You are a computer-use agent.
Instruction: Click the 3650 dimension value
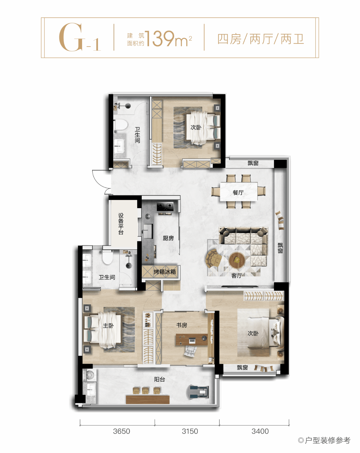point(121,431)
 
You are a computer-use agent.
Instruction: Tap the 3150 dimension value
point(190,431)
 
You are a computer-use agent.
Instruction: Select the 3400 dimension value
point(260,431)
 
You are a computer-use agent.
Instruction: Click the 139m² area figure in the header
point(168,39)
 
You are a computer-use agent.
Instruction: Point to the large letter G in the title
point(71,37)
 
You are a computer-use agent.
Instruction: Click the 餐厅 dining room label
point(238,192)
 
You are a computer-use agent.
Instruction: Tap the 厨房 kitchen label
point(168,238)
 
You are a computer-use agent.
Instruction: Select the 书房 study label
point(182,325)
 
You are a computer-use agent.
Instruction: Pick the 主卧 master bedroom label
point(108,326)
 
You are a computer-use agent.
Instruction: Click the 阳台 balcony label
point(159,379)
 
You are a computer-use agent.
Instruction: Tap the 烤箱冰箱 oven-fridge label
point(165,272)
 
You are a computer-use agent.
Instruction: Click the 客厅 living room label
point(237,276)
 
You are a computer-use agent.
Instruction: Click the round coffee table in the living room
point(237,260)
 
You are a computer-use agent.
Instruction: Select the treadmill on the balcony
point(198,392)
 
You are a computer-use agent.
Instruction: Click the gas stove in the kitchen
point(165,207)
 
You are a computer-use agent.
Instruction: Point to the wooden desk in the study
point(192,340)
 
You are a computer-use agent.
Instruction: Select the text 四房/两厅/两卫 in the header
point(261,39)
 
